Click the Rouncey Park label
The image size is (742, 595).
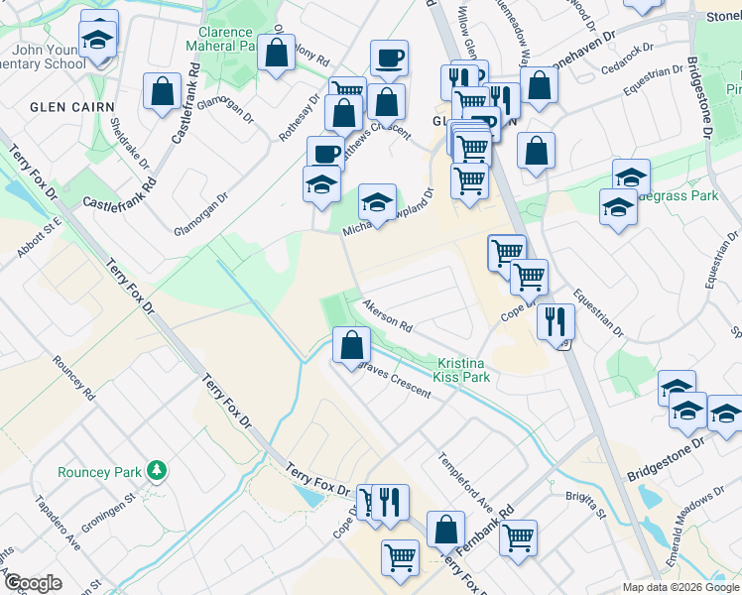[x=99, y=473]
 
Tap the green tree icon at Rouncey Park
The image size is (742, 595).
[x=155, y=468]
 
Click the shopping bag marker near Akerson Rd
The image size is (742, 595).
[x=350, y=345]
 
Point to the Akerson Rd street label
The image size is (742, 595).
[x=387, y=315]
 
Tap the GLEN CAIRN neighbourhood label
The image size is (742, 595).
[x=72, y=107]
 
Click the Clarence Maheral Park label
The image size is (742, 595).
[x=225, y=39]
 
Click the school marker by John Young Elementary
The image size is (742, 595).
[x=98, y=40]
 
